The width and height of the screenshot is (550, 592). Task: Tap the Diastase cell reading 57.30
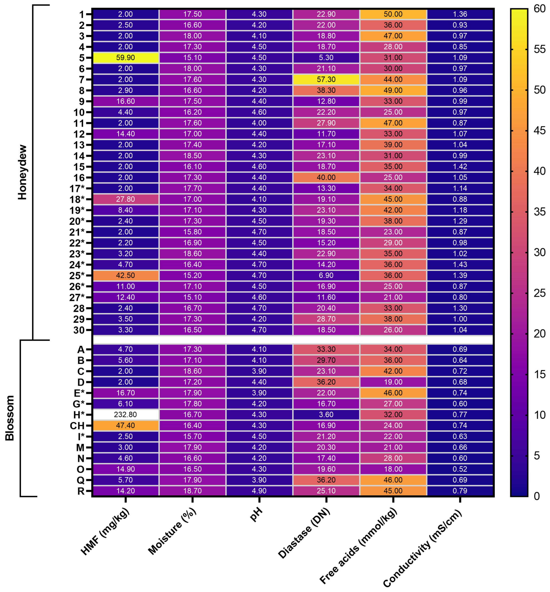tap(326, 80)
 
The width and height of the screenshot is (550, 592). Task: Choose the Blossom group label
tap(10, 418)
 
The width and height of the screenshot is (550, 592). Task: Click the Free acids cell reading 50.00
tap(393, 14)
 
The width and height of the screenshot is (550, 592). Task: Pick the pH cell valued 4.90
tap(259, 491)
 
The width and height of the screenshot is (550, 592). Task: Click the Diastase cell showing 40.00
tap(326, 177)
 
